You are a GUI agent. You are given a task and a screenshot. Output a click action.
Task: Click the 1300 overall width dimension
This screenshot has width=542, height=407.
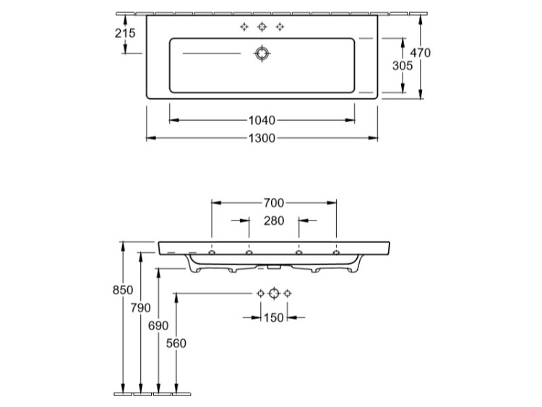click(x=262, y=138)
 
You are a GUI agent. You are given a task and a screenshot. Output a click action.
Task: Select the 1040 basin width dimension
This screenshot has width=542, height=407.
click(x=262, y=120)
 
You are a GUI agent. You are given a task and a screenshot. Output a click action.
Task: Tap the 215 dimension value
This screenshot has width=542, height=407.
click(x=125, y=33)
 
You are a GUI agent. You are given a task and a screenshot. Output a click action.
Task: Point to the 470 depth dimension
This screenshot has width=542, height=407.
click(x=421, y=53)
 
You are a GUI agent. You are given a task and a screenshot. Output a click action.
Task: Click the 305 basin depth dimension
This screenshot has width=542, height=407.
click(x=403, y=65)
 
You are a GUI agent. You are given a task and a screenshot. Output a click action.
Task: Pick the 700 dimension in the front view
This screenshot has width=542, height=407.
click(x=274, y=202)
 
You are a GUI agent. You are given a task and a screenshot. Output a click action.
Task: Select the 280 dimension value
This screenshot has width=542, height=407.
click(x=274, y=220)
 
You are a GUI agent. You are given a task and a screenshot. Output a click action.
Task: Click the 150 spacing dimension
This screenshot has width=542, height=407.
click(x=274, y=317)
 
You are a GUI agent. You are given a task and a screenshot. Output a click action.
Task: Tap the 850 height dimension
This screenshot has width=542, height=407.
click(x=123, y=290)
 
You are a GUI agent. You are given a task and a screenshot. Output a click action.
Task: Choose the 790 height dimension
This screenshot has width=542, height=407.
click(x=141, y=307)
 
